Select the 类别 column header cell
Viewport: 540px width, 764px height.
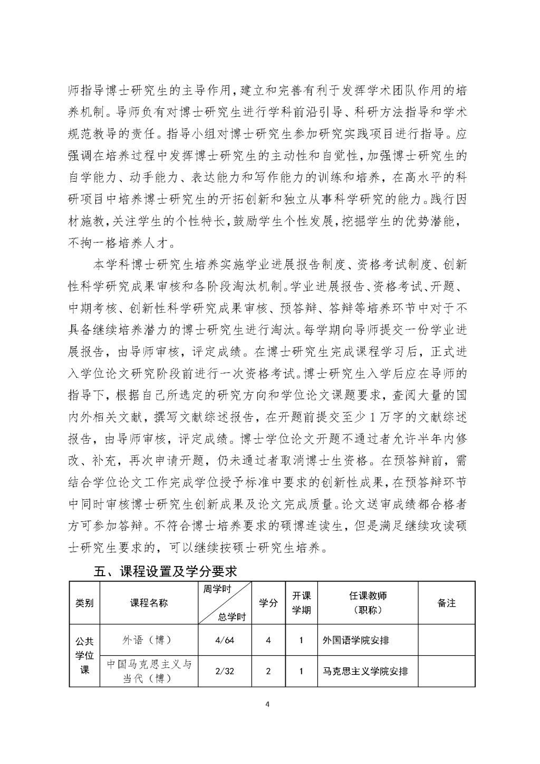(84, 603)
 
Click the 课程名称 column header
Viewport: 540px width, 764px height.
(149, 603)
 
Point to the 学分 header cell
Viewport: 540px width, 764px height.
(268, 603)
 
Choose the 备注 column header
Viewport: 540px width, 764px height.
(446, 603)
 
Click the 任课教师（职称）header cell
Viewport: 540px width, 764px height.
(368, 603)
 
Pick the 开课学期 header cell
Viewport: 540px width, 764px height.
(301, 603)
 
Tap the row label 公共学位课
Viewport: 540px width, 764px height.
(84, 655)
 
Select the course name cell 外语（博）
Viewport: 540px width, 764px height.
(149, 640)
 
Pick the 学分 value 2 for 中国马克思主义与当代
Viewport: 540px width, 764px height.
(268, 672)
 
